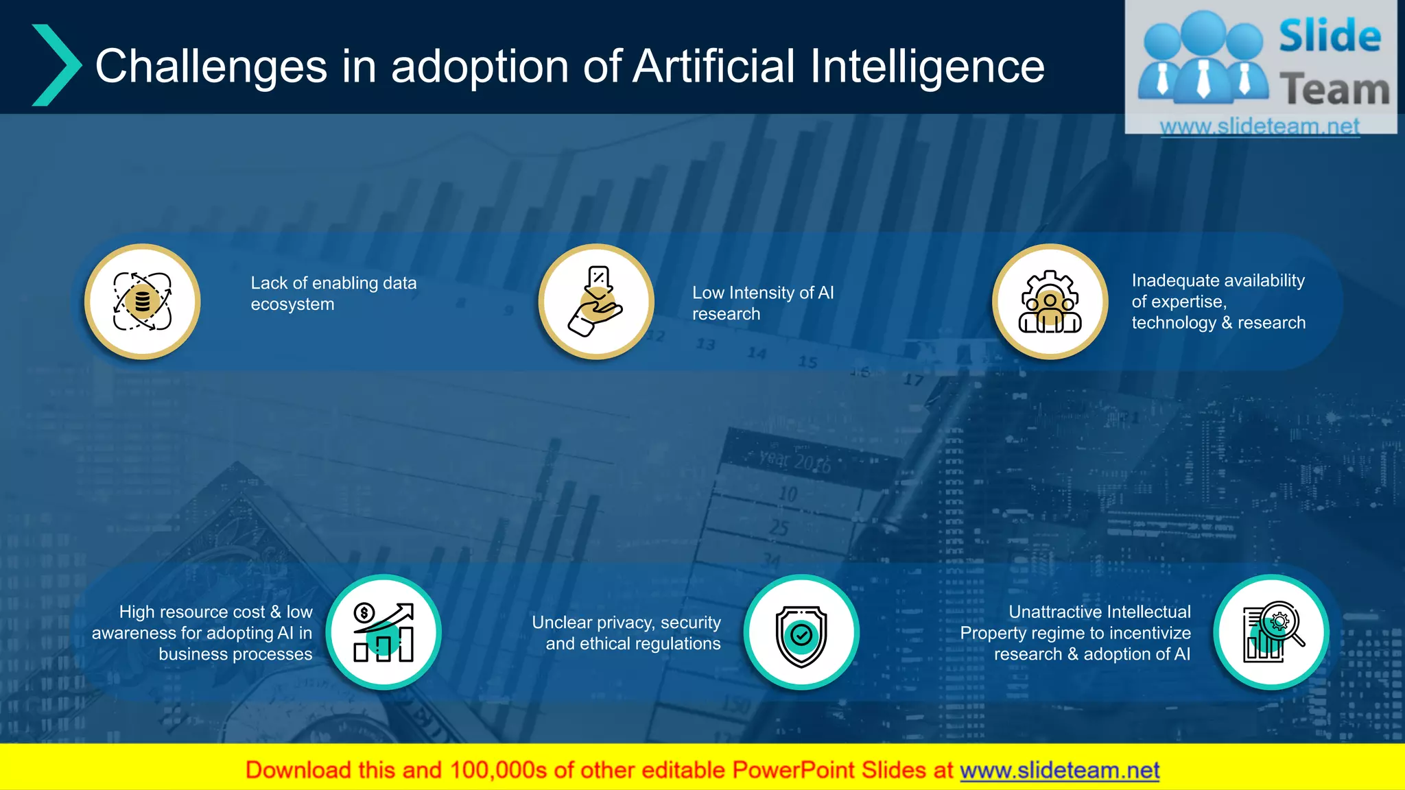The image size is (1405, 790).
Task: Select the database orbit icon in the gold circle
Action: click(143, 302)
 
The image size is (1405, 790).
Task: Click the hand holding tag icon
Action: click(596, 302)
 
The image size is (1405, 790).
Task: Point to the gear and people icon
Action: click(1050, 302)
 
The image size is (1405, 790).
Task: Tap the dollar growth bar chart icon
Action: click(383, 632)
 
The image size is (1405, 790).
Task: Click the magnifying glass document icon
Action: click(1271, 632)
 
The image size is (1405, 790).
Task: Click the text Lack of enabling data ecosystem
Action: click(333, 294)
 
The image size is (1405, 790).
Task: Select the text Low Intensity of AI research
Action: click(762, 303)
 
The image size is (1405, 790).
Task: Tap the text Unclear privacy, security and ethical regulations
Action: click(626, 633)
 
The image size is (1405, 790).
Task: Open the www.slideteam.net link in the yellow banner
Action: click(1059, 770)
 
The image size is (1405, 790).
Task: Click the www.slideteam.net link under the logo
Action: click(1260, 126)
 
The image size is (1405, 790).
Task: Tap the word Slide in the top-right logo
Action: click(1330, 36)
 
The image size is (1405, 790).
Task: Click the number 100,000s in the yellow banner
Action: click(498, 770)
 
